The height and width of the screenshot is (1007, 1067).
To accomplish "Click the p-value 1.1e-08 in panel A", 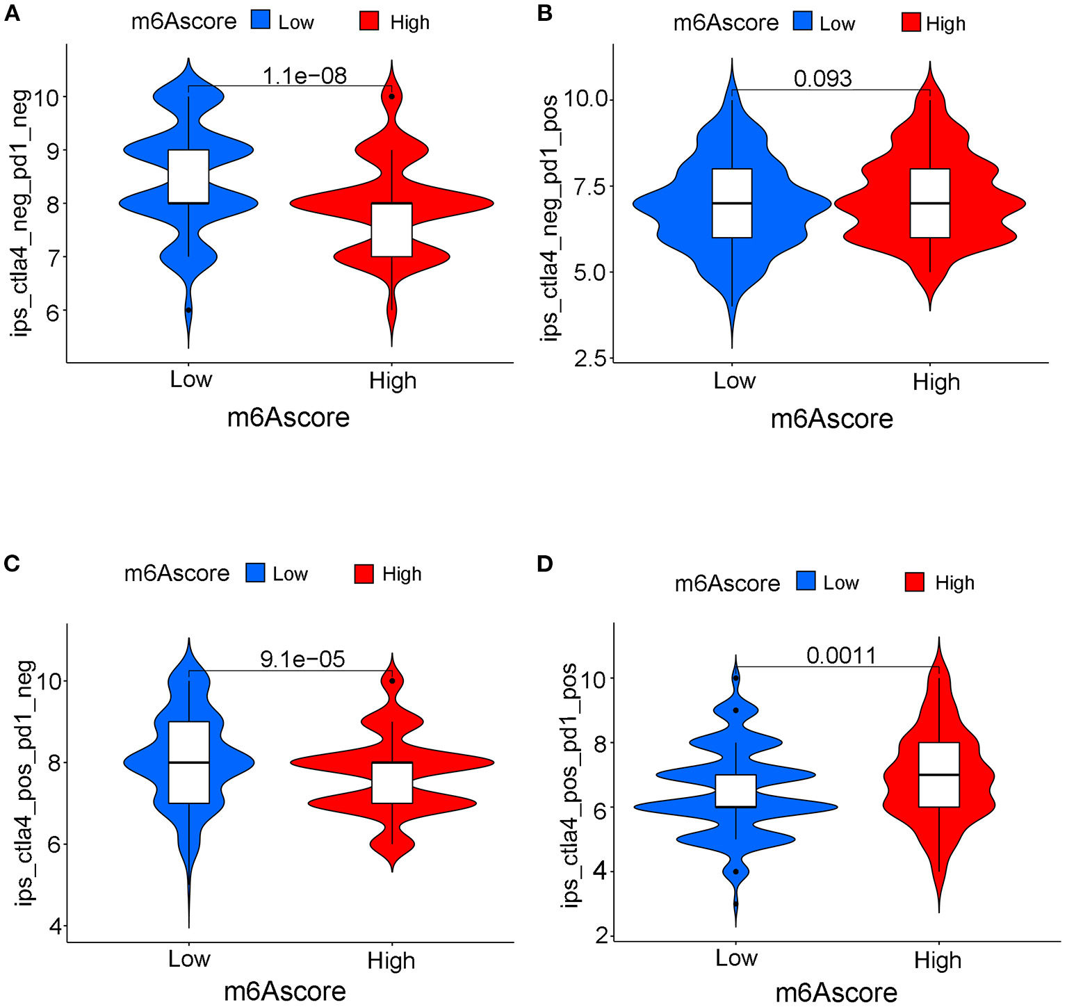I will (x=304, y=75).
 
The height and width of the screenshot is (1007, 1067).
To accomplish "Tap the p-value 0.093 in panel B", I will (x=822, y=79).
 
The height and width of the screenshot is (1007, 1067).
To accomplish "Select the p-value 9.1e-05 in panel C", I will (x=302, y=659).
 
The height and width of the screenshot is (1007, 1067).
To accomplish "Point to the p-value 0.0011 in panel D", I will (x=841, y=655).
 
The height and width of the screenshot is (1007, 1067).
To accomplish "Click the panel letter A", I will (x=12, y=14).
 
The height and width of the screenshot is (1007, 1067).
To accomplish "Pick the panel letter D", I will (x=545, y=564).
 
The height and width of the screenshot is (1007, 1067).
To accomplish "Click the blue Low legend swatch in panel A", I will (x=261, y=21).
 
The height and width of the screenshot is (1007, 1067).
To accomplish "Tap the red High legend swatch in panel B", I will (x=911, y=23).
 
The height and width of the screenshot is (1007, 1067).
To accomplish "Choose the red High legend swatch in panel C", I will (x=364, y=574).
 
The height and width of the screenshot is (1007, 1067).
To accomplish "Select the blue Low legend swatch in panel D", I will (x=806, y=582).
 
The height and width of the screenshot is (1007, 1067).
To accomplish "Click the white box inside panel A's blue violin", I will (x=188, y=177).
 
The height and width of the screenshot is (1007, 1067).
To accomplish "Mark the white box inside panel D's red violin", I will (x=939, y=774).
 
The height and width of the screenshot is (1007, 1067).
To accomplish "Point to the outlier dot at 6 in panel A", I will (x=188, y=310).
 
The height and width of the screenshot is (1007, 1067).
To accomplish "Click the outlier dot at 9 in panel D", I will (x=735, y=710).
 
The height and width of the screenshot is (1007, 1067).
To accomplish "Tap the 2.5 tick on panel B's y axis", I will (x=589, y=359).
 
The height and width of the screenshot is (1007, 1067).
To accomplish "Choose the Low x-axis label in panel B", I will (x=734, y=381).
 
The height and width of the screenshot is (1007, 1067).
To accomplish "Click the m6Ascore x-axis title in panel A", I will (x=288, y=418).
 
